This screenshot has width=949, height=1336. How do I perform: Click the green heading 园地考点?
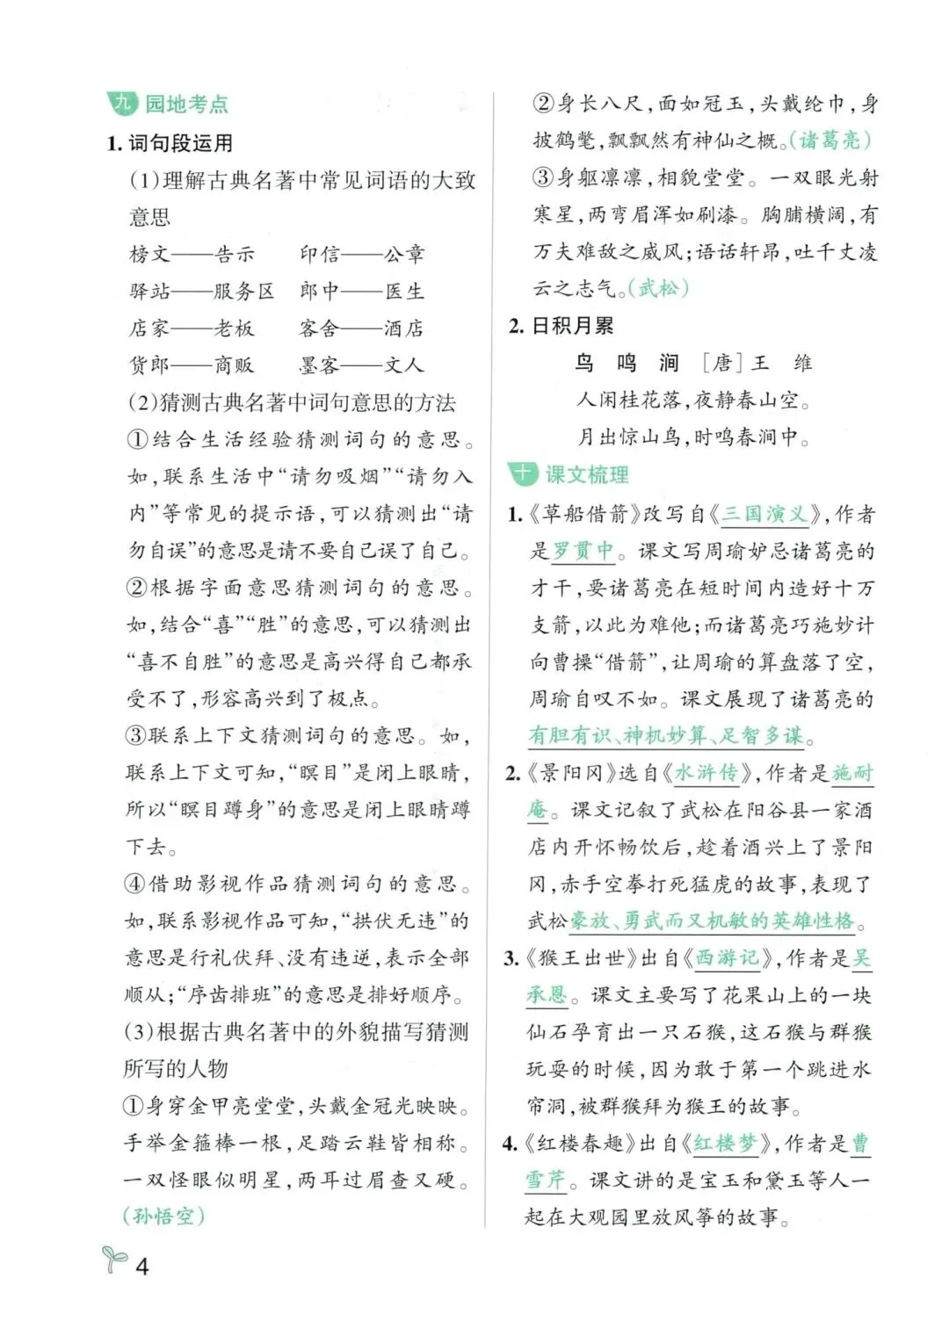[x=186, y=105]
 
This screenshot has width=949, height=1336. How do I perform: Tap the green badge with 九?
[x=122, y=104]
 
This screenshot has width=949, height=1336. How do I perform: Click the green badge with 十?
[x=522, y=474]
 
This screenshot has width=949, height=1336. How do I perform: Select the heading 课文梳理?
[x=587, y=475]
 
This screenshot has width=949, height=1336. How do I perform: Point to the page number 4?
[x=141, y=1266]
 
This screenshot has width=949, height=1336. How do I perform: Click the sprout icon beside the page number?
[x=114, y=1260]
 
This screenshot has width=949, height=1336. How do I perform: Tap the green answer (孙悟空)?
[x=163, y=1216]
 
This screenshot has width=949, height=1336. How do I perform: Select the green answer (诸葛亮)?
[x=829, y=140]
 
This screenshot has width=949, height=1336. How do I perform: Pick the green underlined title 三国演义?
[x=764, y=514]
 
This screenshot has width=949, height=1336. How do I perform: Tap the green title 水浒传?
[x=705, y=773]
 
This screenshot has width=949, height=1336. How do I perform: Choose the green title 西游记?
[x=727, y=957]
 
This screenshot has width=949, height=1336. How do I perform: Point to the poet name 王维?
[x=780, y=363]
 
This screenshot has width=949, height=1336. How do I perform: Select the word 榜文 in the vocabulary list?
[x=150, y=255]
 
